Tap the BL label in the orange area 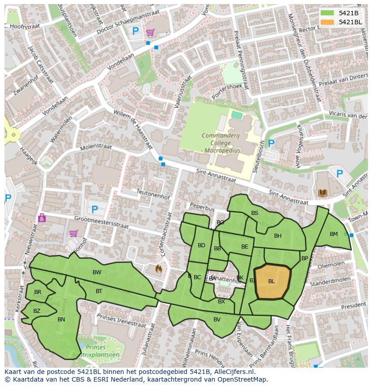pyautogui.click(x=271, y=281)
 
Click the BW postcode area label pyautogui.click(x=97, y=272)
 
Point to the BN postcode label pyautogui.click(x=62, y=320)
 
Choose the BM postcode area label pyautogui.click(x=333, y=234)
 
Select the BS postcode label pyautogui.click(x=255, y=213)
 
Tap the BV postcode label pyautogui.click(x=217, y=320)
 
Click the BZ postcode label pyautogui.click(x=37, y=311)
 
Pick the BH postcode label pyautogui.click(x=278, y=236)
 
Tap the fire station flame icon pyautogui.click(x=158, y=268)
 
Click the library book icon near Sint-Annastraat pyautogui.click(x=323, y=193)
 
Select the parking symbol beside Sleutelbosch pyautogui.click(x=271, y=143)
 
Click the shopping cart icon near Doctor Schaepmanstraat pyautogui.click(x=150, y=32)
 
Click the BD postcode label pyautogui.click(x=201, y=245)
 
